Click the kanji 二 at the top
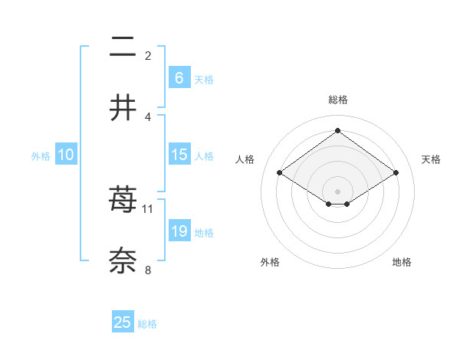123,48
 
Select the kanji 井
123,108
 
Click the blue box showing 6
179,77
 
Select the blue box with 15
179,155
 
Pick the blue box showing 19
179,231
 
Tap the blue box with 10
66,155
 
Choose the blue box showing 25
123,322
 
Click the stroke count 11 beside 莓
148,208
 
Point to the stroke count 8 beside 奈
148,269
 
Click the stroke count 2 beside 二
148,55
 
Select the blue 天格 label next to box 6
204,79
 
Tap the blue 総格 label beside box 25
147,324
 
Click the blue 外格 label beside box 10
41,156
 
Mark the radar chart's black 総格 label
337,100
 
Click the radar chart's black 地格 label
402,263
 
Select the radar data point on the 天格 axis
396,173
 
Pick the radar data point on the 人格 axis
280,173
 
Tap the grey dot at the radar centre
337,191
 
